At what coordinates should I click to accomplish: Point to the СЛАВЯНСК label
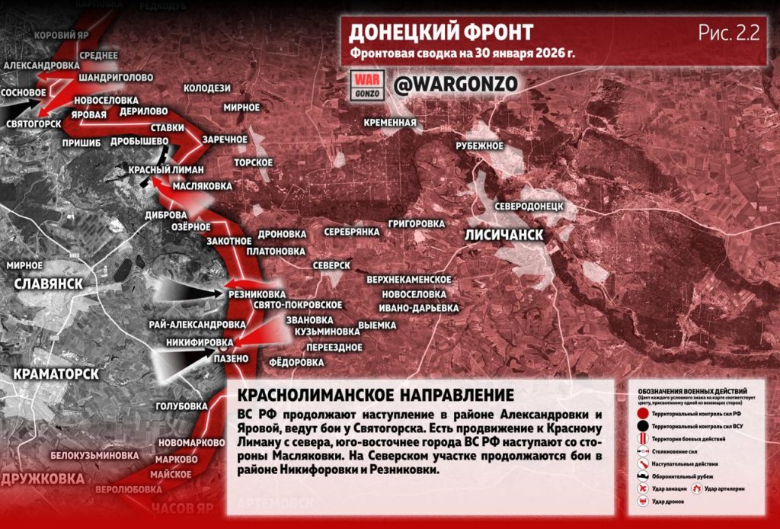[x=48, y=284]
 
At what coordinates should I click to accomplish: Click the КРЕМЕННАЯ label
[x=390, y=122]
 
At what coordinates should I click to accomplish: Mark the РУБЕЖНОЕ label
[x=480, y=146]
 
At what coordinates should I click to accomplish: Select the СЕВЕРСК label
[x=331, y=264]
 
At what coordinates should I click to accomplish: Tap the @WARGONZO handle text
[x=445, y=84]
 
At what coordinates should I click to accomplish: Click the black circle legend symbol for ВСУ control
[x=644, y=425]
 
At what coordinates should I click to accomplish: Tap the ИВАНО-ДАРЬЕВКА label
[x=420, y=308]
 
